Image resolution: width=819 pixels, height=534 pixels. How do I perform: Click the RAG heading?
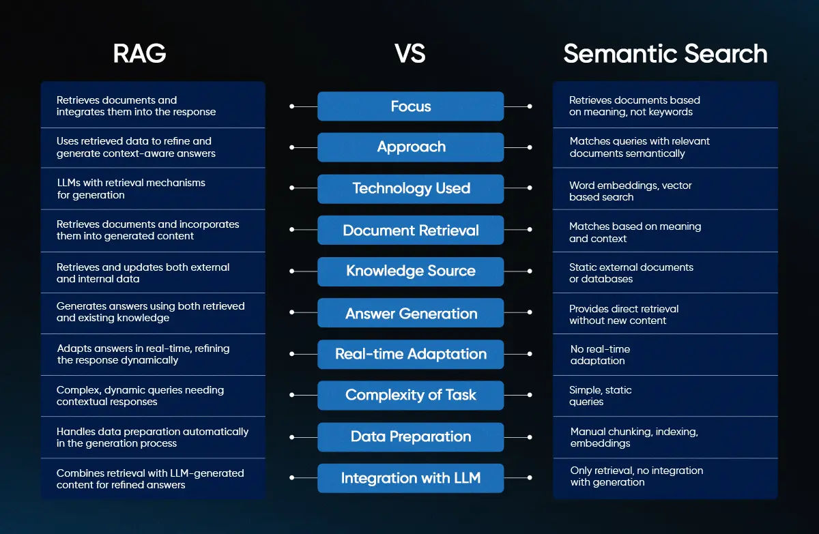tap(139, 54)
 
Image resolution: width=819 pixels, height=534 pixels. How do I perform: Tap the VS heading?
tap(410, 54)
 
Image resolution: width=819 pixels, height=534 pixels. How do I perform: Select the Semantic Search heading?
tap(665, 54)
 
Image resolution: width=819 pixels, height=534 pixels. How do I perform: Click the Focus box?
tap(411, 106)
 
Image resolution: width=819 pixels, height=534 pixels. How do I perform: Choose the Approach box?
tap(411, 147)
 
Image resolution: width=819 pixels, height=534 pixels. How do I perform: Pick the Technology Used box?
tap(411, 189)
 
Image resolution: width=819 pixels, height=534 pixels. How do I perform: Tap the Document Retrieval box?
tap(411, 230)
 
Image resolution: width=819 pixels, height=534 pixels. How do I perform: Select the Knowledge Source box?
tap(411, 271)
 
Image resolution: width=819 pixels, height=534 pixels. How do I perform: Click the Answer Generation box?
tap(411, 312)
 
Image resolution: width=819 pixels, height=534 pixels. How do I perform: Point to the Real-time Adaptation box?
tap(411, 355)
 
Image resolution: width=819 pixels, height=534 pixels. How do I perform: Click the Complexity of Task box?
tap(411, 395)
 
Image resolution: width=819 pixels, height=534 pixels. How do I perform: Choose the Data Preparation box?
tap(411, 437)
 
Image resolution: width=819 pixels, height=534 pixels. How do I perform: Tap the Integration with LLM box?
tap(411, 478)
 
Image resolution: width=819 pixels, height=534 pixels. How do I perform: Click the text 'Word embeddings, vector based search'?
tap(631, 191)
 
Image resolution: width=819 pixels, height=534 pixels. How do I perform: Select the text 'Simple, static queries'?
tap(601, 396)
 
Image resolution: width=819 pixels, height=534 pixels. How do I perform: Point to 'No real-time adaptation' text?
tap(600, 355)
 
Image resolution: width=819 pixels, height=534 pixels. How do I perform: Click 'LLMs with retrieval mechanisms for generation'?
tap(131, 188)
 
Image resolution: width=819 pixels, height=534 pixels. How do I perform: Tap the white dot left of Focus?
tap(292, 106)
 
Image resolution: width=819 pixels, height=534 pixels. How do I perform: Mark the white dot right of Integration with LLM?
tap(530, 477)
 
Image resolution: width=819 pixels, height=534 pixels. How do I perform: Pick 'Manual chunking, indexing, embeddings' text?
tap(634, 437)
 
